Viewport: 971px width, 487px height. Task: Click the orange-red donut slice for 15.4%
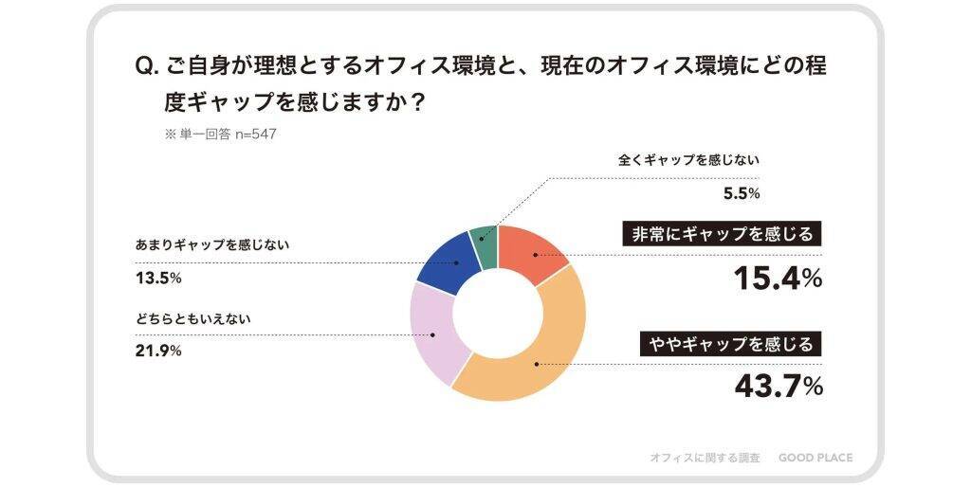click(x=534, y=253)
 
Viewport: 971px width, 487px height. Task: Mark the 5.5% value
click(x=742, y=194)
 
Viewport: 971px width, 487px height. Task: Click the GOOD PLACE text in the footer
click(x=815, y=458)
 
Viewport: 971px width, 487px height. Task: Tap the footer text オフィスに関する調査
click(x=705, y=458)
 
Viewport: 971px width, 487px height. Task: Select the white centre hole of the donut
click(x=498, y=314)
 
